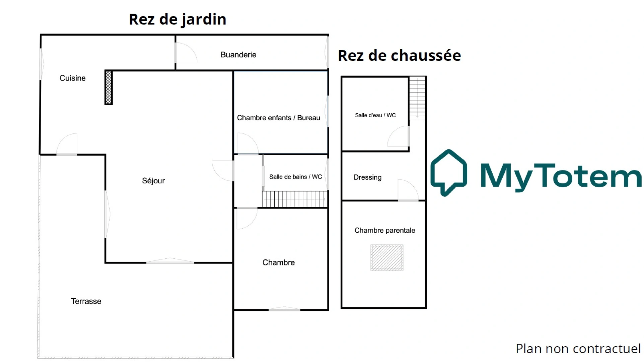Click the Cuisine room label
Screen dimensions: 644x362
coord(72,78)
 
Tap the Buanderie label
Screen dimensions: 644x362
coord(238,55)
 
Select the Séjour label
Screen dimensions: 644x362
coord(153,181)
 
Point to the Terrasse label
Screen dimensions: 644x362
coord(86,301)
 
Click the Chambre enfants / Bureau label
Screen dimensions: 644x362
coord(278,118)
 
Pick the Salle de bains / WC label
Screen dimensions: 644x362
coord(296,177)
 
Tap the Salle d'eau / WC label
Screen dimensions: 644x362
coord(375,115)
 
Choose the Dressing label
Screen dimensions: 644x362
coord(367,177)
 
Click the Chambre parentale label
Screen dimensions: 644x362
coord(385,230)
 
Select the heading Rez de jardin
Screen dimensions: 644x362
coord(177,19)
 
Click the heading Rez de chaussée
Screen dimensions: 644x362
coord(400,55)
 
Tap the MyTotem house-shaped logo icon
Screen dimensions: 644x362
coord(449,173)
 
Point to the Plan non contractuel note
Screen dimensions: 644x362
coord(578,349)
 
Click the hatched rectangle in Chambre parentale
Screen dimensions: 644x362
coord(387,257)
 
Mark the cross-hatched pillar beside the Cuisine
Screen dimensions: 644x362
coord(109,87)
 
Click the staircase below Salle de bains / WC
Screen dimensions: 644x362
coord(295,199)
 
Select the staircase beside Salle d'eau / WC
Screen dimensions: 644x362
coord(417,98)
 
